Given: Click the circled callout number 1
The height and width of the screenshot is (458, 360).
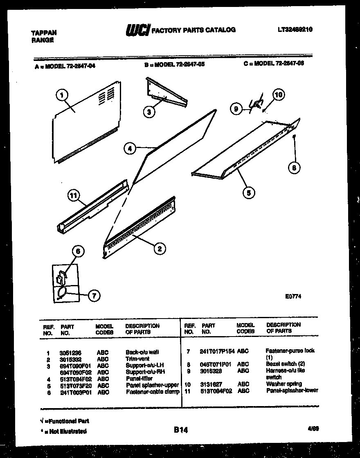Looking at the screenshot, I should pos(61,96).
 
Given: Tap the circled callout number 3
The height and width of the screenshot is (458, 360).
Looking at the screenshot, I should pos(151,112).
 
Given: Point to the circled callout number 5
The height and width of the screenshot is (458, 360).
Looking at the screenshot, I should pos(248,192).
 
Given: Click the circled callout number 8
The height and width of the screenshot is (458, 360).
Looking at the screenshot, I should pos(293,167).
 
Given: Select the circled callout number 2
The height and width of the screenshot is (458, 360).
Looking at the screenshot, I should pos(160,248).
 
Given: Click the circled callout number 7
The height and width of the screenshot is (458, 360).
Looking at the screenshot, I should pos(94,296).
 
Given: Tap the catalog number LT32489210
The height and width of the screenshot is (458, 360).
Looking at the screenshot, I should pos(295,29).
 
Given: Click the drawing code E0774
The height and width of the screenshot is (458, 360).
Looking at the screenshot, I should pos(293,297).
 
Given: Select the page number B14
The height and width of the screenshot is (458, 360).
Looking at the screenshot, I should pos(180,430).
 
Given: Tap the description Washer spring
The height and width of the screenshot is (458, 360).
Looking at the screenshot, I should pos(284,384).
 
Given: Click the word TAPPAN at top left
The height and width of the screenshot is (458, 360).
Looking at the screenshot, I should pos(44,33).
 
